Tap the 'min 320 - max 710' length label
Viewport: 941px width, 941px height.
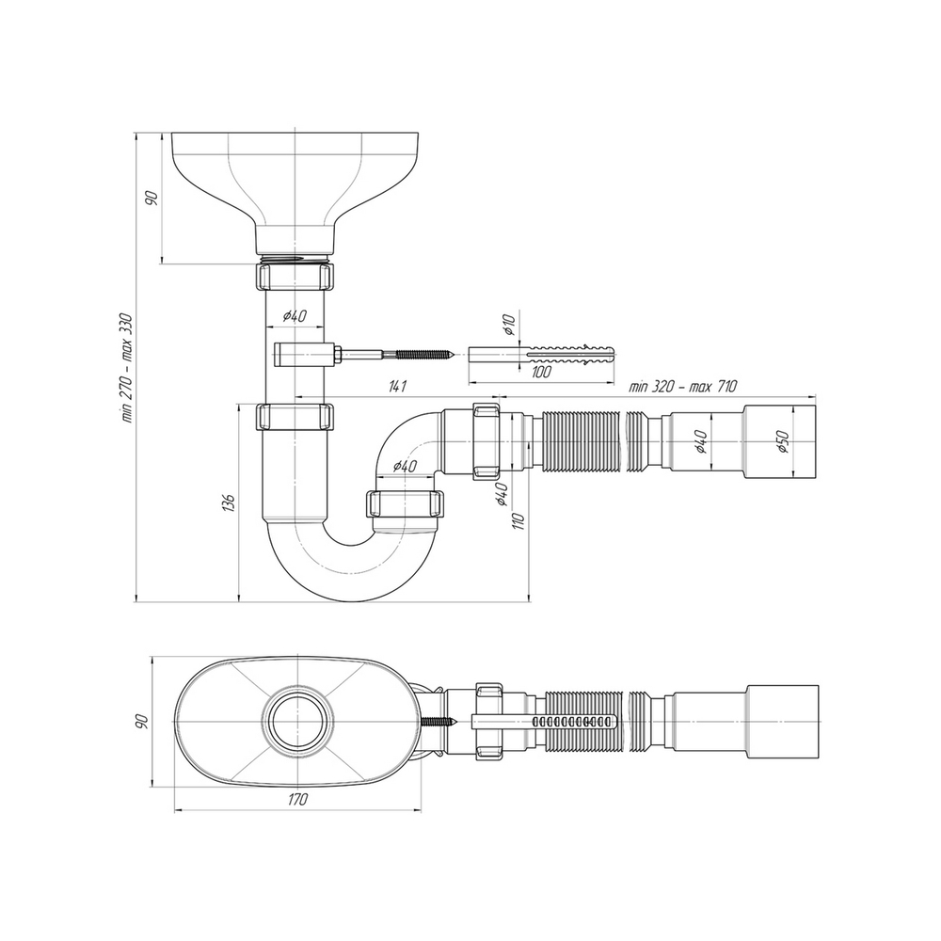[x=683, y=386]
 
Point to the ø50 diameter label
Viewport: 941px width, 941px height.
[x=783, y=442]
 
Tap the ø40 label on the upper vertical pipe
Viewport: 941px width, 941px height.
[x=295, y=316]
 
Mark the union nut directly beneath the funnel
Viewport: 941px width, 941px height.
[x=295, y=278]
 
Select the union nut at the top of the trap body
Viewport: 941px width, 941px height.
[x=295, y=416]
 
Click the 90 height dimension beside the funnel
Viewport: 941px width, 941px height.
[x=151, y=198]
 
